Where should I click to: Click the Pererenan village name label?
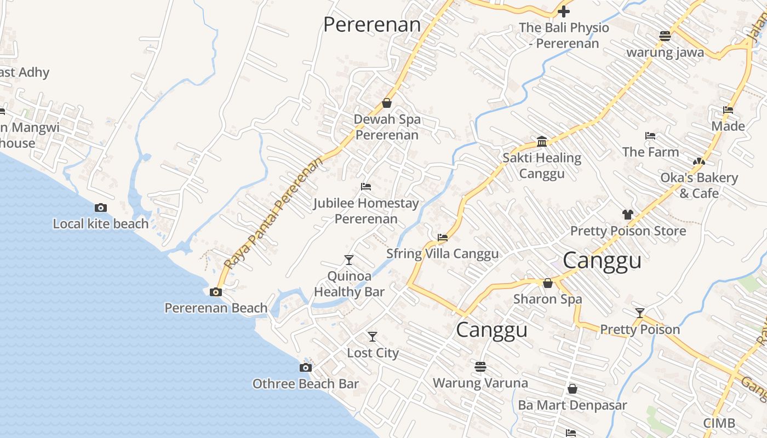[x=372, y=25]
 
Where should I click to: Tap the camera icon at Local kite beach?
[x=101, y=208]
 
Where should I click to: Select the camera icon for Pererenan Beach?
[x=216, y=292]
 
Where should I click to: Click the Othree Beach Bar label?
[x=305, y=384]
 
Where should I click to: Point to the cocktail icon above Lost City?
[x=373, y=336]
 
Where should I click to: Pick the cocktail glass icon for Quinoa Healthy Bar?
[x=349, y=260]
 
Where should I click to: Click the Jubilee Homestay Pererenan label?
[x=366, y=211]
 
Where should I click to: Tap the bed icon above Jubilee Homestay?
[x=366, y=187]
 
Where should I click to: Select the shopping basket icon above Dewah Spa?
[x=387, y=103]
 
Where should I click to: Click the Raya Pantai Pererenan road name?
[x=274, y=214]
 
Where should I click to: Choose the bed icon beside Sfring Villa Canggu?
[x=443, y=238]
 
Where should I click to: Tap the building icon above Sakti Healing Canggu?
[x=542, y=142]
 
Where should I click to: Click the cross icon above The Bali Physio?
[x=564, y=11]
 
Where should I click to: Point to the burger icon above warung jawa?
[x=665, y=37]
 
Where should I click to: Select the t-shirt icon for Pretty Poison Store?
[x=628, y=215]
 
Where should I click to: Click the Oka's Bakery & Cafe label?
[x=699, y=185]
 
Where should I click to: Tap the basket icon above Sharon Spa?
[x=548, y=283]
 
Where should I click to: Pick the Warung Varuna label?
[x=480, y=383]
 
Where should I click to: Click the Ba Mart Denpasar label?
[x=573, y=405]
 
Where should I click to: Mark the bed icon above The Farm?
[x=650, y=136]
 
